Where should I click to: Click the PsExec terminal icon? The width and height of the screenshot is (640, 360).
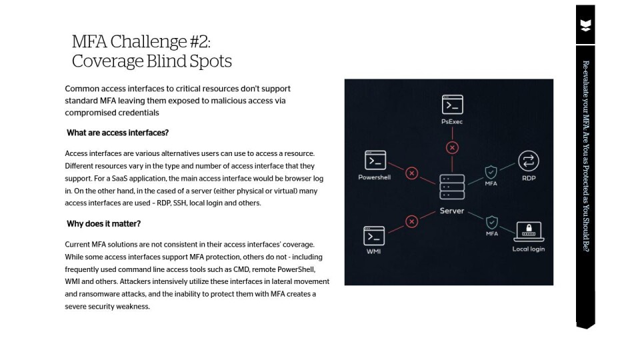pyautogui.click(x=453, y=105)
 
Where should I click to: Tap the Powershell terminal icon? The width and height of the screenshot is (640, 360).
pyautogui.click(x=375, y=161)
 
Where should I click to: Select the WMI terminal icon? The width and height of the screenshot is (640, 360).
pyautogui.click(x=374, y=236)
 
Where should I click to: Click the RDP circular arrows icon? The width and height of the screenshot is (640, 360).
pyautogui.click(x=528, y=161)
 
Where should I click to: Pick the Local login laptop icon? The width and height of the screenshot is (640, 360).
pyautogui.click(x=529, y=231)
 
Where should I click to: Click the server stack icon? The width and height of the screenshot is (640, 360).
pyautogui.click(x=452, y=186)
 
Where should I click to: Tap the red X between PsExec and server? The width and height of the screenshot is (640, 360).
pyautogui.click(x=453, y=147)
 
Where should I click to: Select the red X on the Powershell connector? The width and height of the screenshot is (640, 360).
pyautogui.click(x=412, y=173)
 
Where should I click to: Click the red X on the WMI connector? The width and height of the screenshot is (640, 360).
pyautogui.click(x=412, y=221)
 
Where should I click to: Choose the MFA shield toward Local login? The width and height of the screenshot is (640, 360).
pyautogui.click(x=492, y=222)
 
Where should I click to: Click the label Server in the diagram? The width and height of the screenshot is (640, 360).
pyautogui.click(x=452, y=211)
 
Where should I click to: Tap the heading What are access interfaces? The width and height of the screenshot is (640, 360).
pyautogui.click(x=117, y=133)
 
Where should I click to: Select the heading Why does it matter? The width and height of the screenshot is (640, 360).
pyautogui.click(x=103, y=223)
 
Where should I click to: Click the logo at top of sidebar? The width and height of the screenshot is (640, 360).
pyautogui.click(x=585, y=26)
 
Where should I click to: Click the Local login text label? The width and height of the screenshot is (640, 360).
pyautogui.click(x=529, y=249)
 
